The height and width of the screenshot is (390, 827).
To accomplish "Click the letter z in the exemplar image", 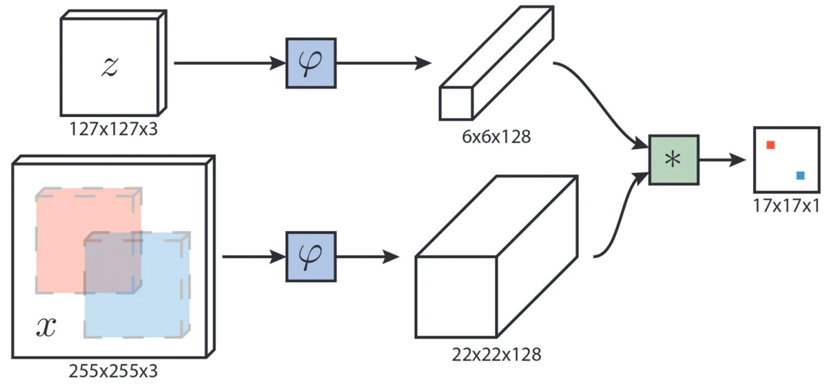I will pos(110,67).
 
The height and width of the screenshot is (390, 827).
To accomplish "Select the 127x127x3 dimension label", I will pos(113,129).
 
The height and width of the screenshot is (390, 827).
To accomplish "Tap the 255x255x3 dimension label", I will pos(113,371).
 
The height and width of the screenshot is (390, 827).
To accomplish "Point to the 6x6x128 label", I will pos(496,136).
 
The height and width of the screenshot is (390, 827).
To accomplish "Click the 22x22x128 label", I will pos(496,355).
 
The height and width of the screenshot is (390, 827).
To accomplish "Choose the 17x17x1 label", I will pos(786,205).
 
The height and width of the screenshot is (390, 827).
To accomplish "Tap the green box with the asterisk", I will pos(674,159).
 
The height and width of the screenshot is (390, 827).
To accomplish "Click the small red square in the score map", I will pos(770,145).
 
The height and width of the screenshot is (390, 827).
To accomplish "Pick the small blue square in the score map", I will pos(799,176).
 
